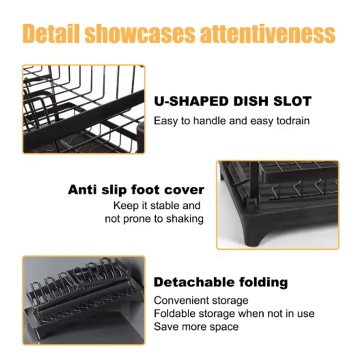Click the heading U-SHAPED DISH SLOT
click(x=233, y=101)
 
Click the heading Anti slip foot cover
click(x=136, y=189)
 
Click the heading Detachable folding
click(x=220, y=282)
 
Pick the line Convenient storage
click(x=201, y=300)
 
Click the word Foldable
click(x=172, y=313)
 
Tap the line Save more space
click(x=196, y=326)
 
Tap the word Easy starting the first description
click(x=165, y=121)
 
